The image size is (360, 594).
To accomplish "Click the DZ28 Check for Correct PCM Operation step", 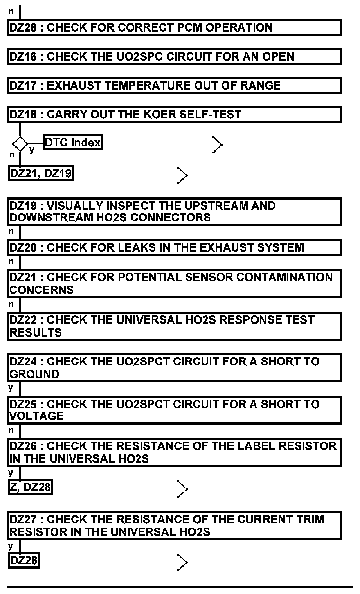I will point(175,27).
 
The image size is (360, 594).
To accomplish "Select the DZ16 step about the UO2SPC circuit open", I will point(175,56).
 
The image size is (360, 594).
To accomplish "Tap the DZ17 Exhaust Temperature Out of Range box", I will point(175,85).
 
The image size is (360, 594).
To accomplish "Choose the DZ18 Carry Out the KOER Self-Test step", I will point(175,115).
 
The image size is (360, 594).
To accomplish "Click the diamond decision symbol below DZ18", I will point(20,144).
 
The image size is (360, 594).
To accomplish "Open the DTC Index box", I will point(72,143).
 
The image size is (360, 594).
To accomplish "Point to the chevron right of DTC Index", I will point(217,144).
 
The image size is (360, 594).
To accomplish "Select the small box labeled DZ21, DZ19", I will point(40,173).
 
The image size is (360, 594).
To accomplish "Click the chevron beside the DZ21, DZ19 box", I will point(182,175).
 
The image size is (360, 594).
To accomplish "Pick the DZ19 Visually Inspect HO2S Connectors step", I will point(175,211).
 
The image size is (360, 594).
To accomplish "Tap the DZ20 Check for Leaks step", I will point(175,248).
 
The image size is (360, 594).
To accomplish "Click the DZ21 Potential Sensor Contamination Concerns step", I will point(175,283).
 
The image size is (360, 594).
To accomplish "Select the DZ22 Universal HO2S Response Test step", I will point(175,326).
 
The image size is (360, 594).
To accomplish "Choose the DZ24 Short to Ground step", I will point(175,368).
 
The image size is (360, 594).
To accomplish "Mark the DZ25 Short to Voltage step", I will point(175,410).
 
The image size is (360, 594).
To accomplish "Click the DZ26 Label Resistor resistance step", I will point(175,452).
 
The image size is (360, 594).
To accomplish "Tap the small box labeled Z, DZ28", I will point(30,487).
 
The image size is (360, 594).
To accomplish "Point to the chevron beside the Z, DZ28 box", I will point(182,489).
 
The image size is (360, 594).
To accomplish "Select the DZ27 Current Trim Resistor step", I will point(175,526).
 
